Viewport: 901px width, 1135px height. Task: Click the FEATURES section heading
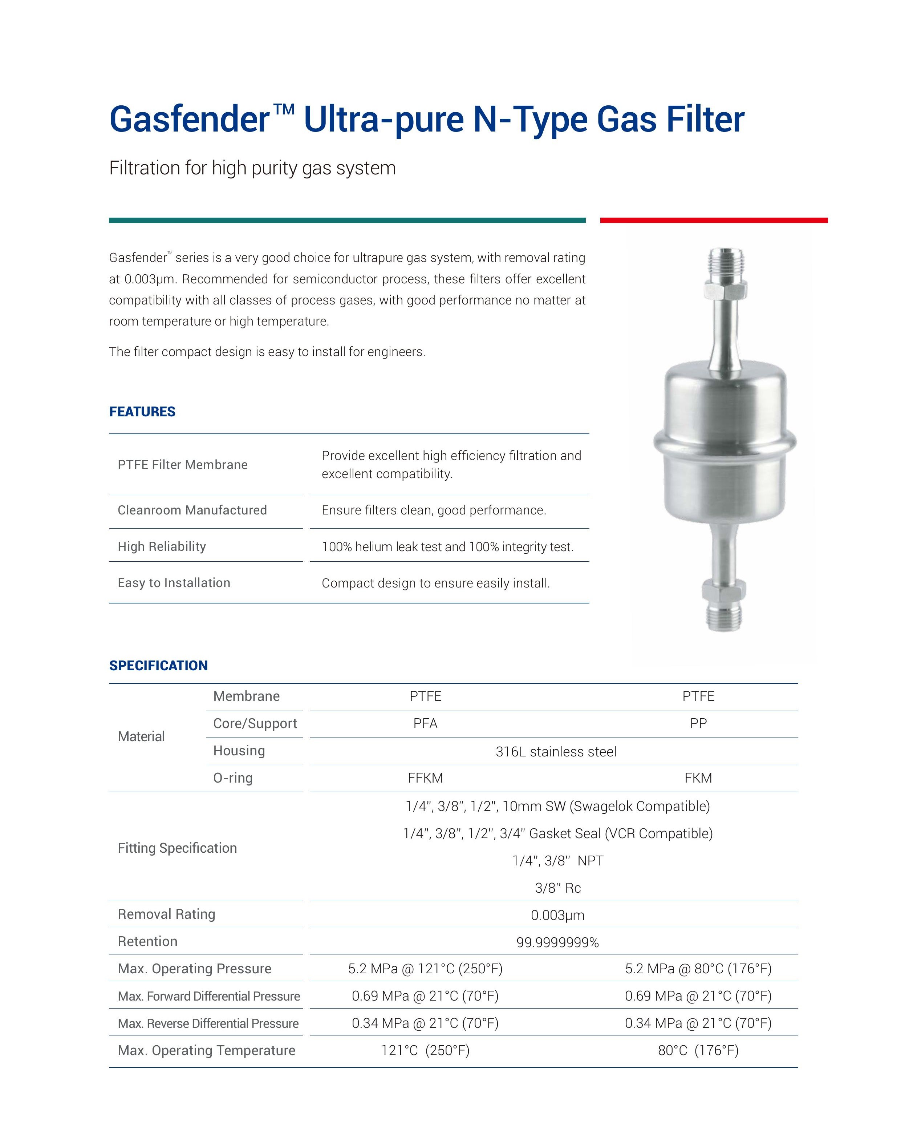[x=142, y=412]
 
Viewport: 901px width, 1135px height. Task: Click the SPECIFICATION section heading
[x=158, y=666]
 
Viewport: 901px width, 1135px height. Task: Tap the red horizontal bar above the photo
[x=713, y=220]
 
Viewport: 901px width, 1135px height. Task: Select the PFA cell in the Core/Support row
[x=425, y=723]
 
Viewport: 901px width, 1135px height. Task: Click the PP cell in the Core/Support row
[x=698, y=723]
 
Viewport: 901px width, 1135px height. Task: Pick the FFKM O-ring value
[x=425, y=778]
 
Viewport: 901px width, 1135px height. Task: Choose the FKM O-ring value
[x=698, y=778]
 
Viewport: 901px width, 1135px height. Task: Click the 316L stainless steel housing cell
[x=556, y=752]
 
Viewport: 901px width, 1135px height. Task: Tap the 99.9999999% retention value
[x=557, y=942]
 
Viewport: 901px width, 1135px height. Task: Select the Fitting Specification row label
[x=177, y=848]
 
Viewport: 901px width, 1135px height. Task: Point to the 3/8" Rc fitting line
[x=558, y=888]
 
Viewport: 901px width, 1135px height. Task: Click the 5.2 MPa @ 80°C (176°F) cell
[x=698, y=969]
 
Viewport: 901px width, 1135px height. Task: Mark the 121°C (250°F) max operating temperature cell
[x=425, y=1050]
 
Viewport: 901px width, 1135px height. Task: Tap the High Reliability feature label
[x=162, y=546]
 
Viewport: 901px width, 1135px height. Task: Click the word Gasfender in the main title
[x=190, y=120]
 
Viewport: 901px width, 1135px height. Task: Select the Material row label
[x=141, y=736]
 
